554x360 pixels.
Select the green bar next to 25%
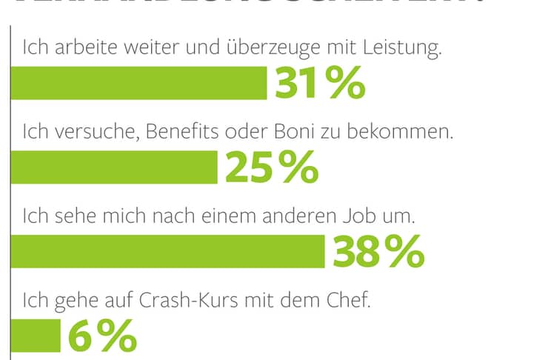point(113,168)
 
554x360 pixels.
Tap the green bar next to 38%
point(167,252)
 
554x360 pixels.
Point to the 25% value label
point(271,168)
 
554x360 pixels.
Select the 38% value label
point(378,252)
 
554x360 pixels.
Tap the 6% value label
point(102,337)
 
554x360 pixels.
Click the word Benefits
point(184,134)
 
